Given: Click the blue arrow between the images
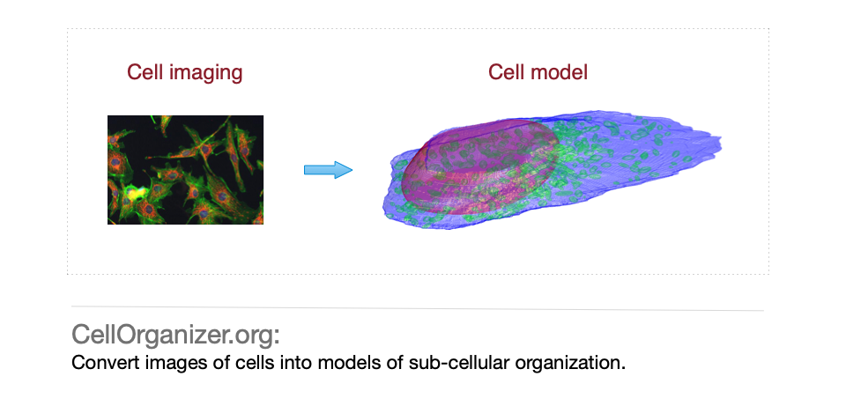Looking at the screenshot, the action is click(x=328, y=170).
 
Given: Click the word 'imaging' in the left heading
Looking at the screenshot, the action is click(x=205, y=73).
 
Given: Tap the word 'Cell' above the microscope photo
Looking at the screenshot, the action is click(x=145, y=72).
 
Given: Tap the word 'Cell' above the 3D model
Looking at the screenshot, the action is click(x=507, y=72).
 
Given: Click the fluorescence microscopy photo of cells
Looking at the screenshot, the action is click(x=186, y=170).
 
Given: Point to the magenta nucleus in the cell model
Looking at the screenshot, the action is click(x=477, y=166).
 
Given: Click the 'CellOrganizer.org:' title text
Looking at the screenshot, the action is click(x=176, y=336).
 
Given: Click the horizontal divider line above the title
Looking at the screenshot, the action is click(x=418, y=308).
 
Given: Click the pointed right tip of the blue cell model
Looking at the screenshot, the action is click(x=722, y=144).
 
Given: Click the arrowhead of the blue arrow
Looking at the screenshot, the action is click(x=343, y=170).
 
